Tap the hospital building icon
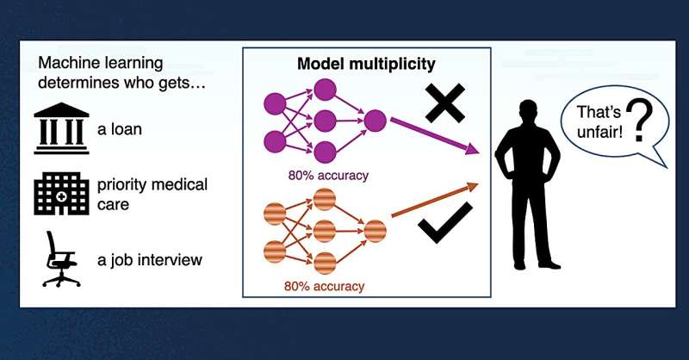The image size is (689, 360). coord(60,193)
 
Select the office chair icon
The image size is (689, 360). coord(61,259)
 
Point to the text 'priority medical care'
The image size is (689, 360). coord(152,194)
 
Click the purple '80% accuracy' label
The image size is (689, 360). coord(328,176)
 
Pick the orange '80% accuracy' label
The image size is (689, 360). coord(326,285)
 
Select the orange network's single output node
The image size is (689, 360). coord(376,232)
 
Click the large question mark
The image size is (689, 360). coord(637,121)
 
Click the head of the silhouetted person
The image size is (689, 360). coord(526,115)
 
